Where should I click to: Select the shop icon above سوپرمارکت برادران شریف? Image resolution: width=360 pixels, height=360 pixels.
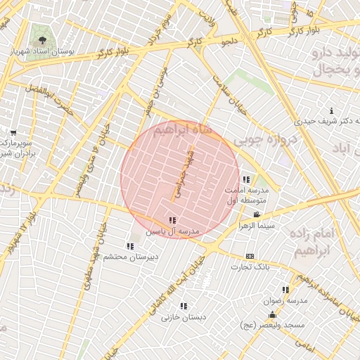coord(13,132)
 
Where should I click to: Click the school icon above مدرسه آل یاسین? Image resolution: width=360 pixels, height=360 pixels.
coord(172,221)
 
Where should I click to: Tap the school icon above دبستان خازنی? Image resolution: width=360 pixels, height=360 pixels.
coord(184,306)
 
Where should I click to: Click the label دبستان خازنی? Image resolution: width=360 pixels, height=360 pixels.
coord(184,317)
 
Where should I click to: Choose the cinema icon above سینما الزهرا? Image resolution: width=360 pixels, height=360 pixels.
coord(257,215)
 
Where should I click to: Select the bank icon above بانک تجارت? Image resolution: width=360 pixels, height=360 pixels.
coord(250,256)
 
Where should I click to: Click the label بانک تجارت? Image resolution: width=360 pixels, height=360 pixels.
coord(250,267)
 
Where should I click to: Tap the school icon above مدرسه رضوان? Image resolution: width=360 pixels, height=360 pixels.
coord(285,289)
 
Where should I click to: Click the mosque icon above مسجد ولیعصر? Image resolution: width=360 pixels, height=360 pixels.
coord(272,314)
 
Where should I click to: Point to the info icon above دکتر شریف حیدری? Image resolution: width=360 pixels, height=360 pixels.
coord(332,110)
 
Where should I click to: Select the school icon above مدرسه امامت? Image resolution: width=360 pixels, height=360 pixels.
coord(245,179)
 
